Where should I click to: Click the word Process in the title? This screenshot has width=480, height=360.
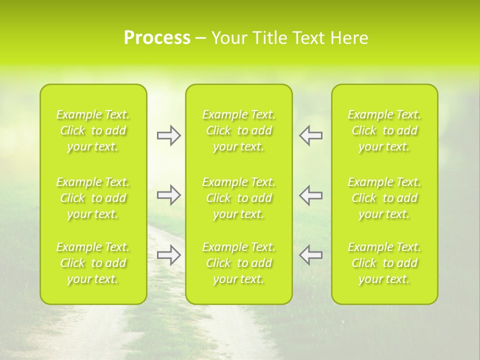(157, 38)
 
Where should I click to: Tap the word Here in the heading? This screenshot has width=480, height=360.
(350, 38)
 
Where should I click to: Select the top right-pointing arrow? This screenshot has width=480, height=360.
(169, 135)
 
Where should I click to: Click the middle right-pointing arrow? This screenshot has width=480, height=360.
(169, 195)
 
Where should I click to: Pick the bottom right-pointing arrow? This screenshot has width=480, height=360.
(169, 255)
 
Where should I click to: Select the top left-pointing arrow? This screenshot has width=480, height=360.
(311, 135)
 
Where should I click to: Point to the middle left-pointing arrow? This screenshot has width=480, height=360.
(311, 195)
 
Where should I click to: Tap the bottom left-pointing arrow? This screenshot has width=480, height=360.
(311, 255)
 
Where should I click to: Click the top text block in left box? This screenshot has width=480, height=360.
(93, 130)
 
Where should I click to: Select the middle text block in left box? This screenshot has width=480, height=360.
(93, 198)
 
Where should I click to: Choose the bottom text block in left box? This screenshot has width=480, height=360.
(93, 263)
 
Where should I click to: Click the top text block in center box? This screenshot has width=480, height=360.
(239, 130)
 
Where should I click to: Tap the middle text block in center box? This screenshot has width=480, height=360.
(239, 198)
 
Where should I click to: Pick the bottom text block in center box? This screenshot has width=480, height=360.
(239, 263)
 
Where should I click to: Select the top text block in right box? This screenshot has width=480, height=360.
(384, 130)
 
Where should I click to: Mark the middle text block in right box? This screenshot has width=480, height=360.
(384, 198)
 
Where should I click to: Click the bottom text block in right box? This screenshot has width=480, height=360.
(384, 263)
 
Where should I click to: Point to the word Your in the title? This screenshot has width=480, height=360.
(228, 38)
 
